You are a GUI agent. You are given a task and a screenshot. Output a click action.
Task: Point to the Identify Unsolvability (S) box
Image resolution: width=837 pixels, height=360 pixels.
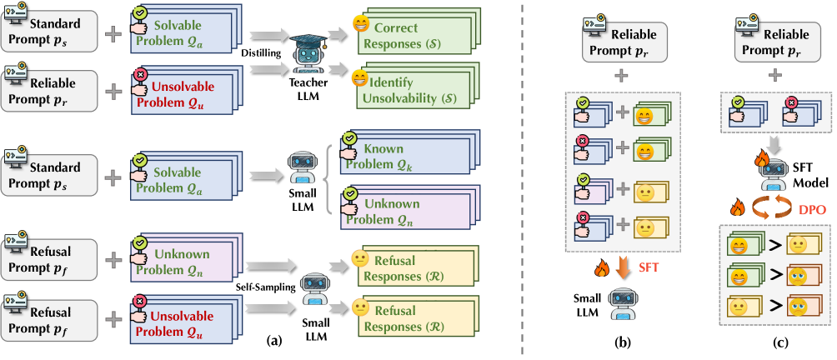pos(406,89)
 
